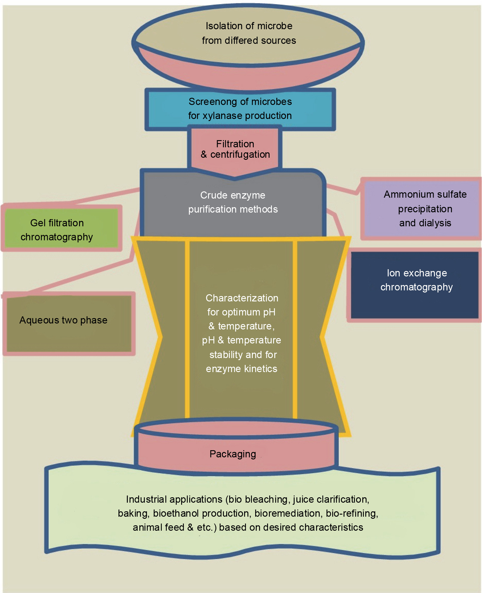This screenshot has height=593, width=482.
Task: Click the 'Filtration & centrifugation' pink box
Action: click(x=235, y=149)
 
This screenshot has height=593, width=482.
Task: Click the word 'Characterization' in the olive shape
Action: click(x=242, y=298)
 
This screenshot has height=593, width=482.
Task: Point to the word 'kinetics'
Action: click(x=261, y=369)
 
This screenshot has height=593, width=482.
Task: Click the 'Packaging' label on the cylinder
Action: click(x=233, y=454)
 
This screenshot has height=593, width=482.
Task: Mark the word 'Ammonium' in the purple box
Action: click(x=403, y=194)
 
